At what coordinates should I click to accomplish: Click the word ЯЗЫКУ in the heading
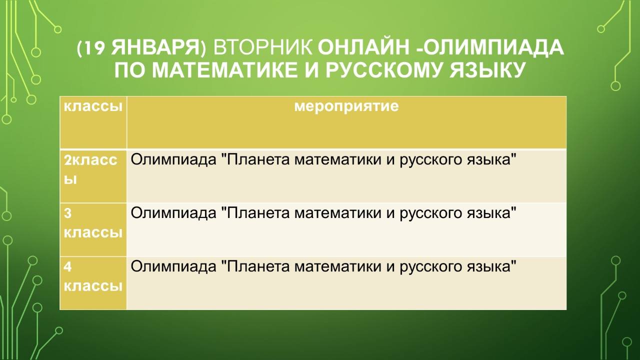[x=487, y=70]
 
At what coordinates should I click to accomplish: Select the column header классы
[x=93, y=106]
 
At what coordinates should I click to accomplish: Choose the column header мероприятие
[x=346, y=106]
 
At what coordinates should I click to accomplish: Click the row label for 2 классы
[x=90, y=169]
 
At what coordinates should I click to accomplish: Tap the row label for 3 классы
[x=93, y=223]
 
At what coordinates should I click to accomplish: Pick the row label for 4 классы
[x=93, y=276]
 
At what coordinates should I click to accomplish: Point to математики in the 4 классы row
[x=337, y=267]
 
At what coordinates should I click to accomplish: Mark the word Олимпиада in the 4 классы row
[x=173, y=267]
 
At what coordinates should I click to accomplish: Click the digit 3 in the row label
[x=67, y=213]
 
